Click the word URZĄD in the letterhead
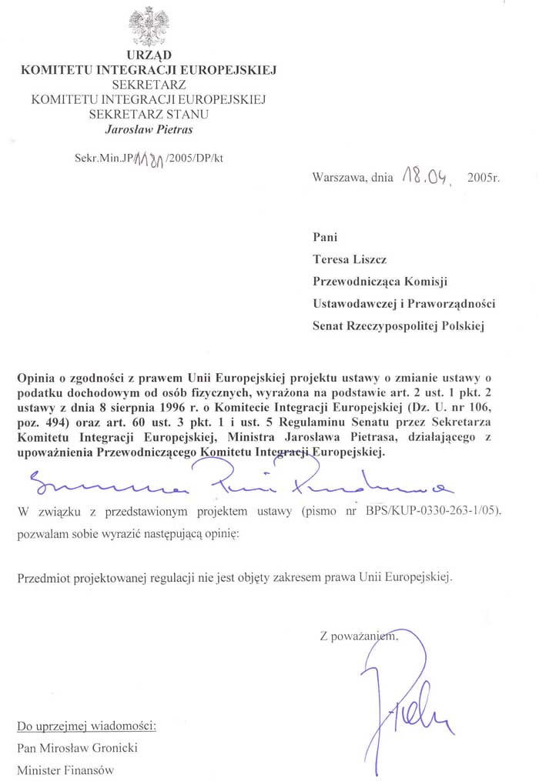tap(149, 55)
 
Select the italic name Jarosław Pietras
tap(149, 129)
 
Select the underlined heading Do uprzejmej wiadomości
tap(87, 726)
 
